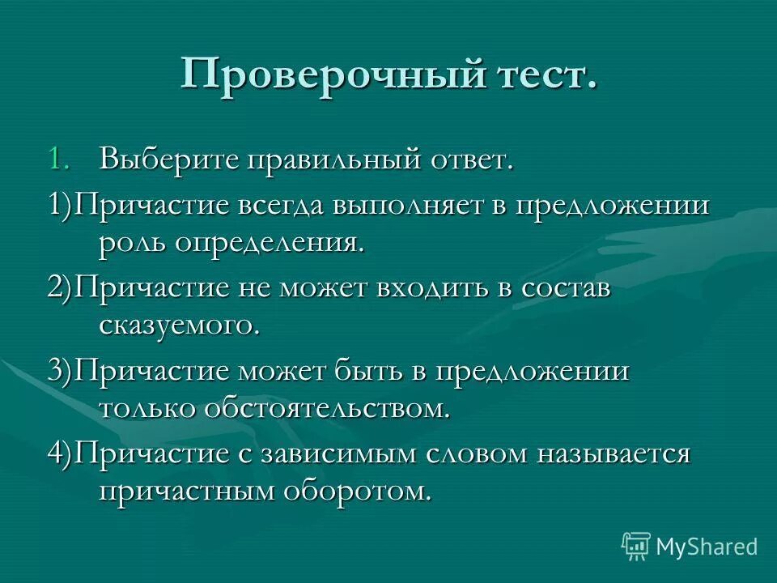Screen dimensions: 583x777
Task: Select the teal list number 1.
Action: point(55,159)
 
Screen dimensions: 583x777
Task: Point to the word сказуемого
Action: point(180,325)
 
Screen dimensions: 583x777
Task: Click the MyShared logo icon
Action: point(636,545)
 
